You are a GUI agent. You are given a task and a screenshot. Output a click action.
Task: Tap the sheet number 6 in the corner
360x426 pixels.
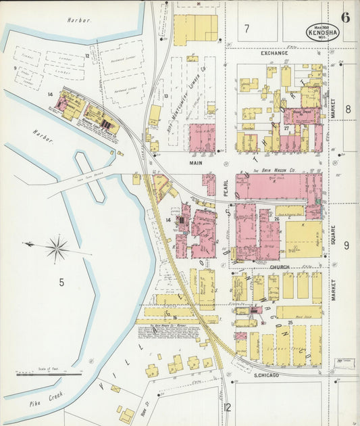[345, 18]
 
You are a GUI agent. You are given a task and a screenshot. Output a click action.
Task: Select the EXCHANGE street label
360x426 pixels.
[274, 53]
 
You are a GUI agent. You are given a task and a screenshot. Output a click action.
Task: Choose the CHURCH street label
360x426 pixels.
[279, 267]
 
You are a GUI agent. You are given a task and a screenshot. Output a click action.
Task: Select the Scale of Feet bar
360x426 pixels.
[49, 373]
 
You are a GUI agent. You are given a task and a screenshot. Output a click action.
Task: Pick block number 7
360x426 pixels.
[247, 28]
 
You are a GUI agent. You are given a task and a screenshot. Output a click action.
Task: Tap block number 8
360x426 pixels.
[348, 109]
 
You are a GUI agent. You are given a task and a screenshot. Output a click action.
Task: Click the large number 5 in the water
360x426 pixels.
[61, 282]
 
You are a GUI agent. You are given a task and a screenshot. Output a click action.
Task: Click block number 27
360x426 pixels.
[286, 127]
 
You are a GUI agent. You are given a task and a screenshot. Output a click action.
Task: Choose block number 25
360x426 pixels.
[290, 323]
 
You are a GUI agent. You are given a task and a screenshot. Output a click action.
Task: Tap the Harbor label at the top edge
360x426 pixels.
[78, 21]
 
